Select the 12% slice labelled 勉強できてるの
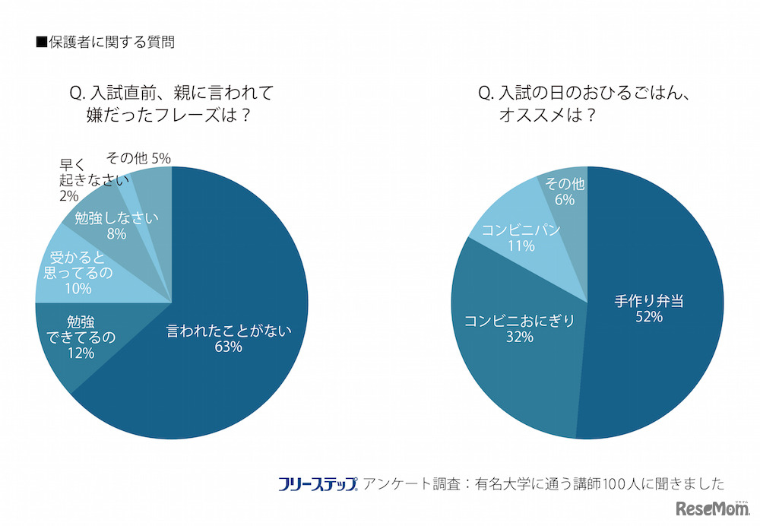[80, 338]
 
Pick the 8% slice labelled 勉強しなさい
[114, 224]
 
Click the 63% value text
[228, 347]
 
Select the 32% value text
[518, 337]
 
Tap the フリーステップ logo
[318, 483]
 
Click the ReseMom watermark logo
[706, 508]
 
